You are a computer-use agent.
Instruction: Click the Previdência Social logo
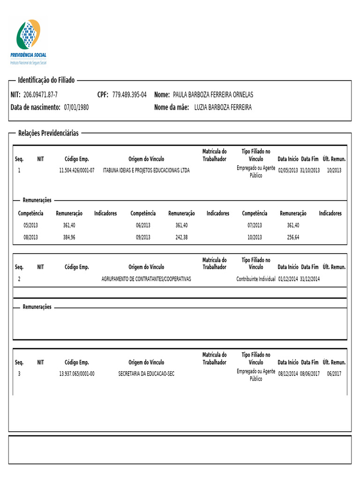tap(29, 41)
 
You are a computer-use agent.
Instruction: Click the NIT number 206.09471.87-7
tap(40, 95)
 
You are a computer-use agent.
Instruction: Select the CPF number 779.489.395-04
tap(129, 95)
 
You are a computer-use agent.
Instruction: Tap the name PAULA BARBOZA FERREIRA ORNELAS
tap(213, 95)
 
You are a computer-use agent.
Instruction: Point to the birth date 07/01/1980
tap(76, 107)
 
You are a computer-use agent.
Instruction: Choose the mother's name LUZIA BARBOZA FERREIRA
tap(223, 107)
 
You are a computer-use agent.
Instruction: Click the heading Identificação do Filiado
tap(46, 81)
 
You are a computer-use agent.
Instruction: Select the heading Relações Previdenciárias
tap(48, 134)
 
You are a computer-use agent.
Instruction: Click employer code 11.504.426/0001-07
tap(77, 171)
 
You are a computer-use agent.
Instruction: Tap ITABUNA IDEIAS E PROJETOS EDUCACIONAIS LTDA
tap(146, 171)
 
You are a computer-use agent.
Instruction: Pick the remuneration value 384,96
tap(69, 237)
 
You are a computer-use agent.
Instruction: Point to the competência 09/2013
tap(143, 237)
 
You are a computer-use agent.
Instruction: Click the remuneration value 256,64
tap(293, 237)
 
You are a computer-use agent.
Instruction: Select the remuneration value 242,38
tap(181, 237)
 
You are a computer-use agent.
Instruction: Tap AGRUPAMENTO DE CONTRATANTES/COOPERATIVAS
tap(146, 279)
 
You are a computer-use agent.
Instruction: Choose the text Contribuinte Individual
tap(255, 279)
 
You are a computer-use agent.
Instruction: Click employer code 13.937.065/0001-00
tap(77, 374)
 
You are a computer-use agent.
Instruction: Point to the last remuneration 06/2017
tap(334, 374)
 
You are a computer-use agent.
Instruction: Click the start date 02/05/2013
tap(288, 171)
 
